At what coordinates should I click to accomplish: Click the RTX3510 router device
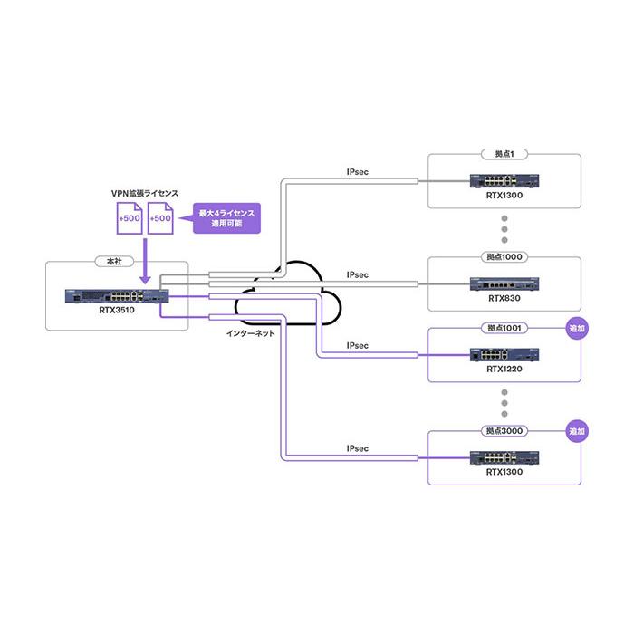tap(117, 296)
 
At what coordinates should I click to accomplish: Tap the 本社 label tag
tap(114, 262)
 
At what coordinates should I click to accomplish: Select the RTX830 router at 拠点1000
tap(504, 283)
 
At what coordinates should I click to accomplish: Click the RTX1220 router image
tap(504, 355)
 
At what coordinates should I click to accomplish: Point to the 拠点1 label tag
tap(504, 154)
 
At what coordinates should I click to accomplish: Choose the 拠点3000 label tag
tap(504, 431)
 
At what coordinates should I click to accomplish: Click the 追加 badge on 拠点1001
tap(577, 328)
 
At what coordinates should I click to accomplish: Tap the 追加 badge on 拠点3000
tap(577, 431)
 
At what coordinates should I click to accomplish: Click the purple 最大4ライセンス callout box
tap(226, 218)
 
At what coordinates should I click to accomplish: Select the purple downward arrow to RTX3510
tap(145, 261)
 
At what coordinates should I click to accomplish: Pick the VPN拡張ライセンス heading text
tap(145, 193)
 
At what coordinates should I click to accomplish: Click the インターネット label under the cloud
tap(250, 333)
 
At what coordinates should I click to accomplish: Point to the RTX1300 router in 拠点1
tap(504, 181)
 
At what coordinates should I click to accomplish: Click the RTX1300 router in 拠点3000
tap(504, 457)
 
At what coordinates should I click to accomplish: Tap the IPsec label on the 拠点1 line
tap(358, 172)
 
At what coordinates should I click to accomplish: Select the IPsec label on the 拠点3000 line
tap(358, 448)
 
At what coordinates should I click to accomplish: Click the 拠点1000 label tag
tap(504, 256)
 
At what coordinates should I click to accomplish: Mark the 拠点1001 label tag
tap(504, 328)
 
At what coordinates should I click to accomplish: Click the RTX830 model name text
tap(504, 298)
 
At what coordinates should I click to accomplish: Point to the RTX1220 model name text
tap(504, 370)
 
